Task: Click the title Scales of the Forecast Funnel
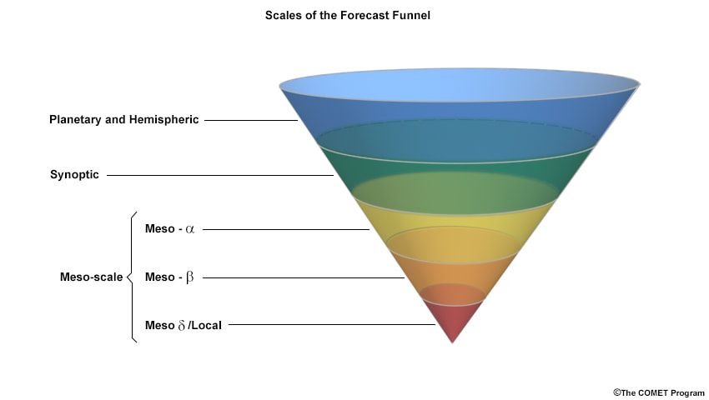point(347,16)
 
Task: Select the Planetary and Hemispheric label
point(123,120)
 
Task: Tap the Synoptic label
point(74,175)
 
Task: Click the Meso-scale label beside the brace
point(92,277)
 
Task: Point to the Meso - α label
point(169,229)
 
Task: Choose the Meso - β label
point(169,277)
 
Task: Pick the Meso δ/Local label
point(184,325)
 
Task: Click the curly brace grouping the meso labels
point(132,277)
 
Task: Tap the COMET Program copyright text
point(659,392)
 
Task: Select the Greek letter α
point(189,229)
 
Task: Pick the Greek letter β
point(189,277)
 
